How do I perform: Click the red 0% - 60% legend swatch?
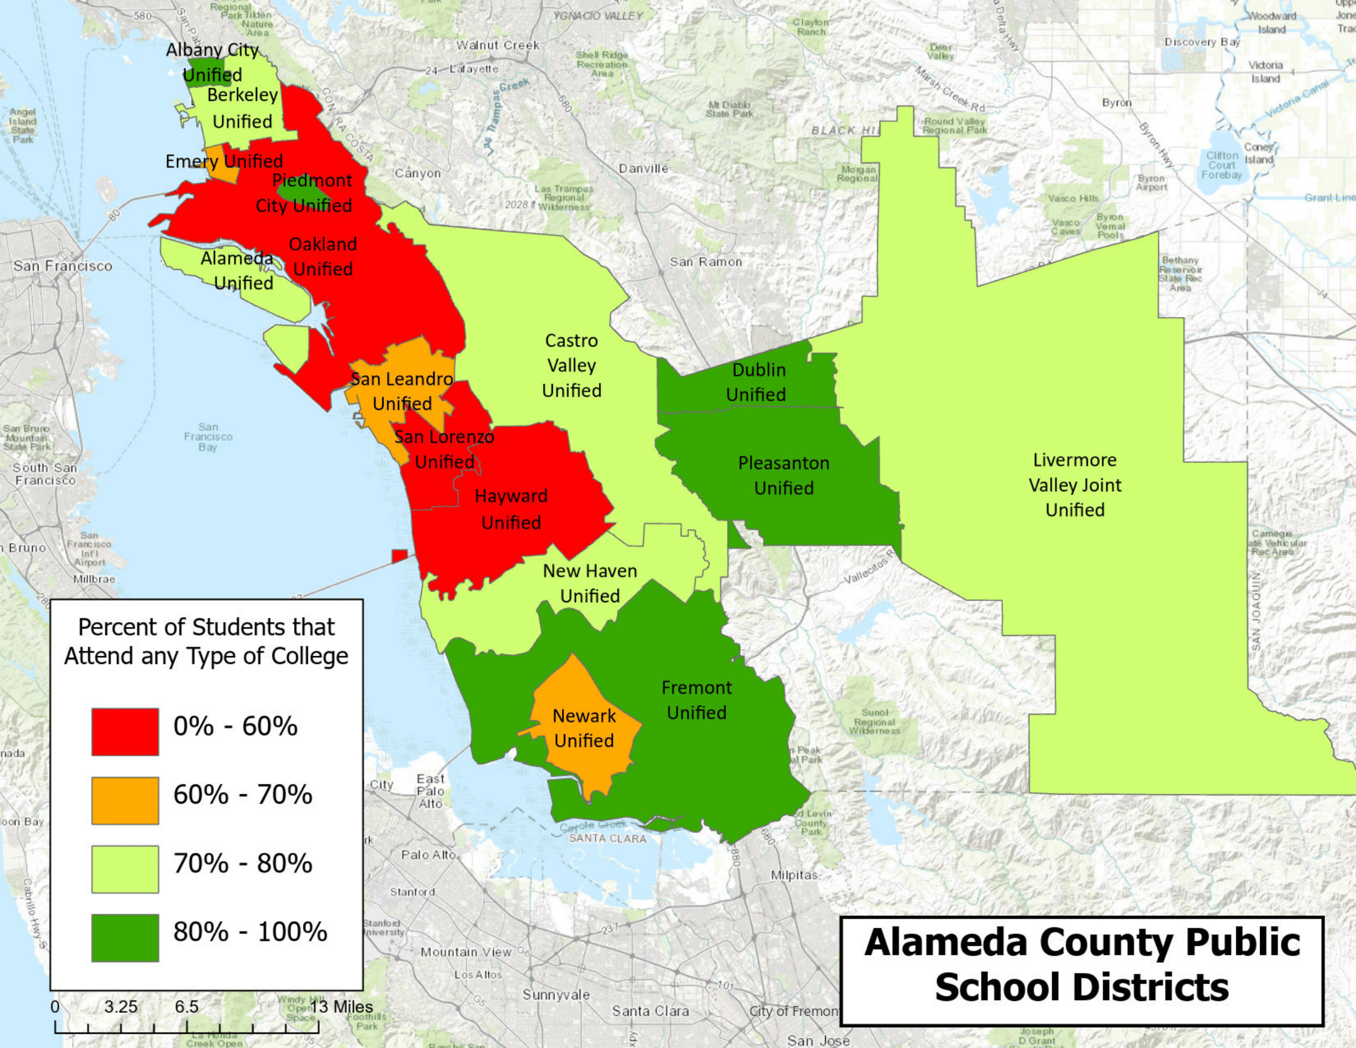point(125,731)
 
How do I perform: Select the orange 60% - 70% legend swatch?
point(125,800)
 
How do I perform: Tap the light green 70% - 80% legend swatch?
point(125,869)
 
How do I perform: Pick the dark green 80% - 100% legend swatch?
point(125,938)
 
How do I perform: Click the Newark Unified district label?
point(584,728)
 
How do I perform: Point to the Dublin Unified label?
point(757,382)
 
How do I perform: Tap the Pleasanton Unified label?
point(783,475)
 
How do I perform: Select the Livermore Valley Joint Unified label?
point(1075,485)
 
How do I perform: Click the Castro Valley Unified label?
point(571,366)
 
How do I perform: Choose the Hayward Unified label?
point(511,509)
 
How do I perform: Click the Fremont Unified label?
point(696,700)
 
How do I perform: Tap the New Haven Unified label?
point(590,584)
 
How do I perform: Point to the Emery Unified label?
point(224,162)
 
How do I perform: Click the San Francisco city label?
point(63,266)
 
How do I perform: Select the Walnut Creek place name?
point(498,46)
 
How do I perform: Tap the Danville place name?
point(643,169)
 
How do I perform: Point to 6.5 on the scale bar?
point(186,1007)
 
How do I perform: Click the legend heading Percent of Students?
point(206,641)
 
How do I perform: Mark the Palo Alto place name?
point(428,855)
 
